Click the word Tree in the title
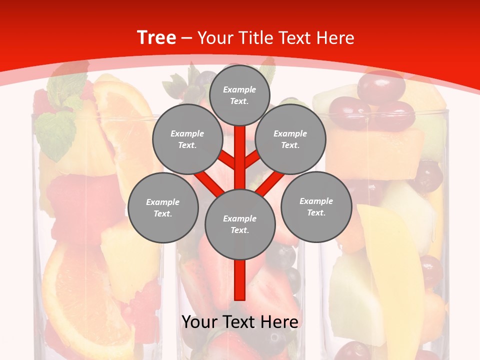(x=156, y=38)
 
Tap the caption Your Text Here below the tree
(x=240, y=322)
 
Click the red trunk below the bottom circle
(x=240, y=280)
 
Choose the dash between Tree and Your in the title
(x=187, y=38)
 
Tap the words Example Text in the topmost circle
(x=239, y=95)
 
